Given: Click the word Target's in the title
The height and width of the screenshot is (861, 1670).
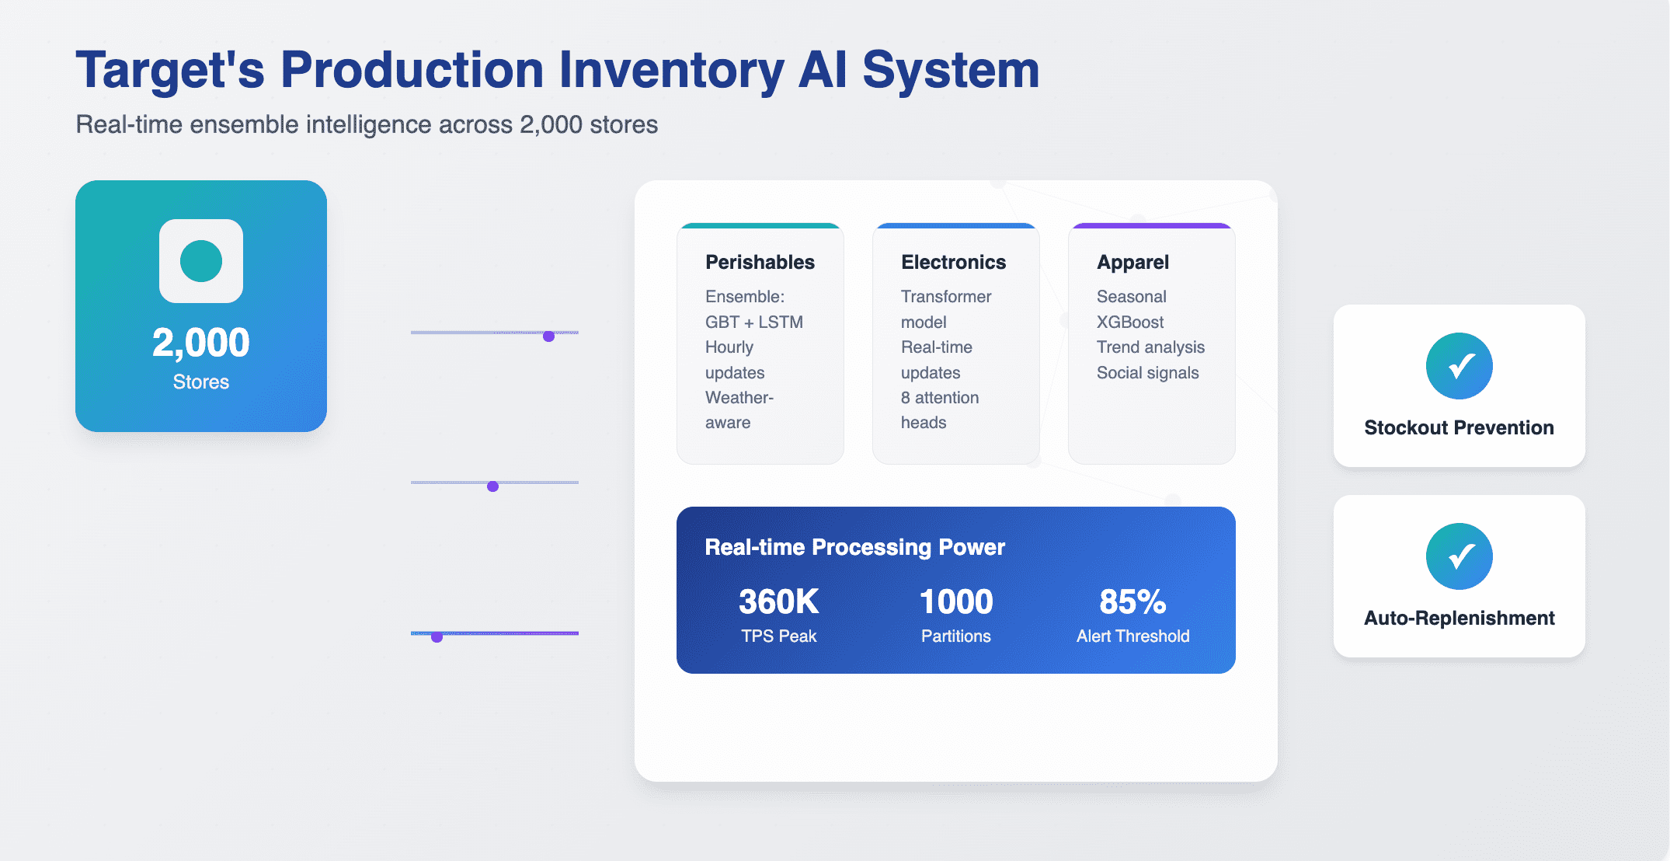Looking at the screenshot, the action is pos(170,70).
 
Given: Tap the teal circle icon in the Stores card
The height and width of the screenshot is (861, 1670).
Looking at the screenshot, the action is pos(201,261).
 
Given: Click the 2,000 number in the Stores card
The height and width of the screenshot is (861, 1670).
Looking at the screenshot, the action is pos(201,343).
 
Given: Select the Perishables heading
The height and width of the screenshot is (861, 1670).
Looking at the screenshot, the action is pos(760,263).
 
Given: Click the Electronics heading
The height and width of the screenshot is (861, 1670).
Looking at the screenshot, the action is pos(953,263).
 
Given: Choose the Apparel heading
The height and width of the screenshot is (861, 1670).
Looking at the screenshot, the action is pos(1132,263).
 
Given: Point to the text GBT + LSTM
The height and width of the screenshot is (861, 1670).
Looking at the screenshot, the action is pos(754,322).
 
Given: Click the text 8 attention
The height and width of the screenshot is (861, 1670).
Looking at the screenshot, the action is pos(940,398).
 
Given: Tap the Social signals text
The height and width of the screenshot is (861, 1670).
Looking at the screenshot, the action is pos(1147,373).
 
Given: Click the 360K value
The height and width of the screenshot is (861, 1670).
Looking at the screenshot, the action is pos(778,601).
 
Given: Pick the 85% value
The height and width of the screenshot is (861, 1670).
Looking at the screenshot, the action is pos(1132,601).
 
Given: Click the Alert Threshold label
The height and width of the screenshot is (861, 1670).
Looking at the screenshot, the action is pos(1132,636).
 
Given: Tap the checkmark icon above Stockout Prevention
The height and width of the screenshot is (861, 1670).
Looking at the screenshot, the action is pos(1459,366).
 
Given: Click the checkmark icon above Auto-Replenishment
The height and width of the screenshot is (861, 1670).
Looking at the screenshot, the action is pos(1459,556).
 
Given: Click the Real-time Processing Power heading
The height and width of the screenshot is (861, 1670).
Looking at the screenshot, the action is pos(854,547).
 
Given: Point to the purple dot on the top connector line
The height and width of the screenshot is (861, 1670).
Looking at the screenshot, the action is pos(548,336).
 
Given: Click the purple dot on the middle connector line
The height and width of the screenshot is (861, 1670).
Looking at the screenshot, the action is pos(492,486).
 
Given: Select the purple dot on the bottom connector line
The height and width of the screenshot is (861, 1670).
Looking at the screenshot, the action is pos(437,637).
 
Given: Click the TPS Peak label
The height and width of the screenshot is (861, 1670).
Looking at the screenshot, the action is pos(778,636).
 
